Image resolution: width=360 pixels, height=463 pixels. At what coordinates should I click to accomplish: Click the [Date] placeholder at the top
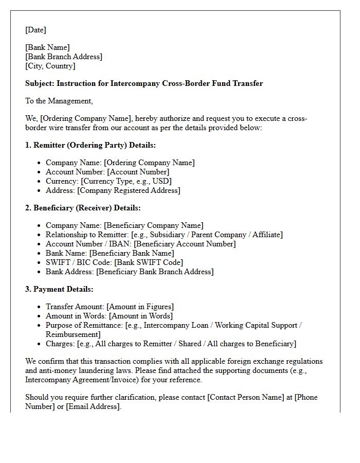(35, 30)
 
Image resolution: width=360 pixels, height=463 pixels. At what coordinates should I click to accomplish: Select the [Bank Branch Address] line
(64, 57)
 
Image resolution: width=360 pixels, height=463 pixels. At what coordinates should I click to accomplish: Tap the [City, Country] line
(50, 66)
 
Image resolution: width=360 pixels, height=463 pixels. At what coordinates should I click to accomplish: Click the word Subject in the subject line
(40, 83)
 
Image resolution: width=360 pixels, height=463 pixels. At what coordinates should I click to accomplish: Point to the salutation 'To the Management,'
(59, 101)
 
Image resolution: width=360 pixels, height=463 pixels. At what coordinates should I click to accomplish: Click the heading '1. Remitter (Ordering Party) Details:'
(91, 145)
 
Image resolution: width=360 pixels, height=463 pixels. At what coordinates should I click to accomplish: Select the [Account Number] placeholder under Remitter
(138, 172)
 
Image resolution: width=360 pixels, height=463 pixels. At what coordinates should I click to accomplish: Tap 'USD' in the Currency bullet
(163, 181)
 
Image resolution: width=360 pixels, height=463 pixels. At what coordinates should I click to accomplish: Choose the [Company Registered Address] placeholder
(129, 190)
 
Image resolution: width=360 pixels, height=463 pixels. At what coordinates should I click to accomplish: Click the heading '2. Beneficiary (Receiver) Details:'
(83, 208)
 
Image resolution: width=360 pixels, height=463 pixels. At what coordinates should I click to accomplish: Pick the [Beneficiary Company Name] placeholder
(153, 225)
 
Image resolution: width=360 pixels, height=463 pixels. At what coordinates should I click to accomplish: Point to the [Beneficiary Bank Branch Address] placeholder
(154, 272)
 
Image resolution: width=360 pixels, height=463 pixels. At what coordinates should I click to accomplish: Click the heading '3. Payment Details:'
(59, 289)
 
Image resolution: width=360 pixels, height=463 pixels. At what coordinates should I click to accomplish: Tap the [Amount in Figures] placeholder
(140, 307)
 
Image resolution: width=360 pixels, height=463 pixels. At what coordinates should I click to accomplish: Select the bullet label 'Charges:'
(61, 344)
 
